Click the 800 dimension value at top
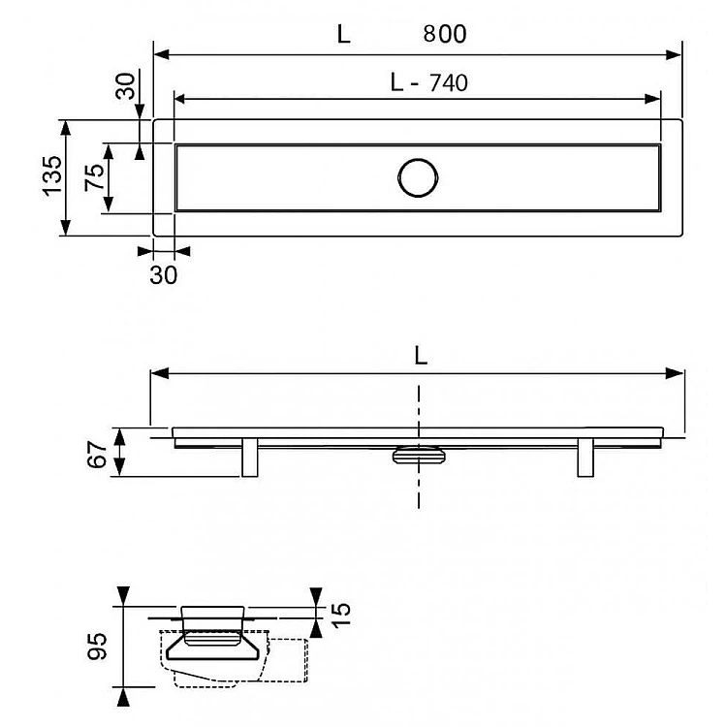click(x=445, y=34)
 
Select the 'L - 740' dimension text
click(x=428, y=83)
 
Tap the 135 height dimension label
click(x=53, y=176)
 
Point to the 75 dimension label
click(x=94, y=177)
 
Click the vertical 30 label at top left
click(x=125, y=86)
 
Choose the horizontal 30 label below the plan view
click(x=163, y=275)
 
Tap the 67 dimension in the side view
click(x=97, y=455)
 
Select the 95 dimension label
click(x=97, y=646)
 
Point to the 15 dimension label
click(x=342, y=615)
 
